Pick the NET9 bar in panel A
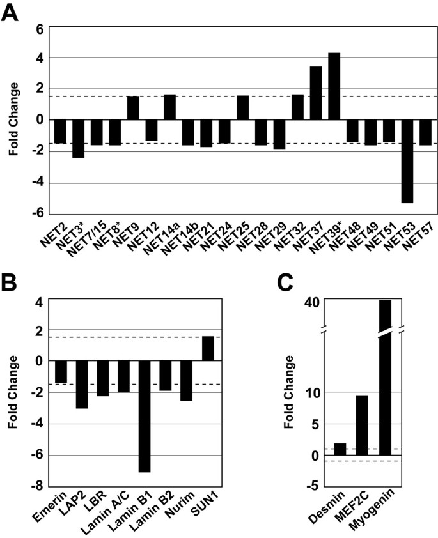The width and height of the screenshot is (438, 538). (x=133, y=108)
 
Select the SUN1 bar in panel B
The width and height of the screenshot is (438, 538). (x=207, y=348)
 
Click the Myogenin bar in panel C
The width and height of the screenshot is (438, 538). (x=385, y=377)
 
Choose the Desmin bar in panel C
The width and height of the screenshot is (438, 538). (x=340, y=449)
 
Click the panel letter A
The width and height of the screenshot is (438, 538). (x=11, y=12)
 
